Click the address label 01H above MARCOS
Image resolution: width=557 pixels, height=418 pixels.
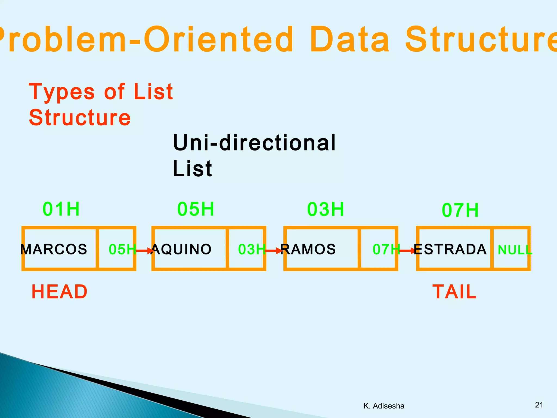click(61, 209)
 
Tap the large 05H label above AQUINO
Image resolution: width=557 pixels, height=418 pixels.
click(196, 209)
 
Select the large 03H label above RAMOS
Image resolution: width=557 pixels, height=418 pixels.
click(326, 209)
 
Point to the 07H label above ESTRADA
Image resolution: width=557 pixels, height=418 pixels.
click(460, 210)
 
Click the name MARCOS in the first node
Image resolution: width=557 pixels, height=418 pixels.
click(54, 249)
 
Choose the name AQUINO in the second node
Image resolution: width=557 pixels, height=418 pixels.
click(181, 249)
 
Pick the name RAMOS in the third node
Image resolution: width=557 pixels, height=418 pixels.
click(308, 249)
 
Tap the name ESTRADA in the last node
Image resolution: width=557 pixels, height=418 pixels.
click(450, 249)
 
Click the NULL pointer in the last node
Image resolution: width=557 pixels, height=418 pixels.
click(515, 250)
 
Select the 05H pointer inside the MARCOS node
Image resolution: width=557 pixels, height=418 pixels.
click(122, 249)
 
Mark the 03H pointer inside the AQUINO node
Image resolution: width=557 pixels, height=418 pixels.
click(251, 249)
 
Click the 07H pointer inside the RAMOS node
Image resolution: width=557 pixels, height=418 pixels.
click(386, 249)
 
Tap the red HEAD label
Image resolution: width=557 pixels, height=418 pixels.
click(60, 292)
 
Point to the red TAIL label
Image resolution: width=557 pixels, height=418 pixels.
click(454, 292)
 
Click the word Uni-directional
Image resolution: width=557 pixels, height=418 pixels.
click(254, 143)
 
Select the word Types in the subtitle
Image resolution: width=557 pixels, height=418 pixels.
click(62, 92)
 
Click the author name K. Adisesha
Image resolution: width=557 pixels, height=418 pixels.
click(384, 406)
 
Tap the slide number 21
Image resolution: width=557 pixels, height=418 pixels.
click(539, 405)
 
